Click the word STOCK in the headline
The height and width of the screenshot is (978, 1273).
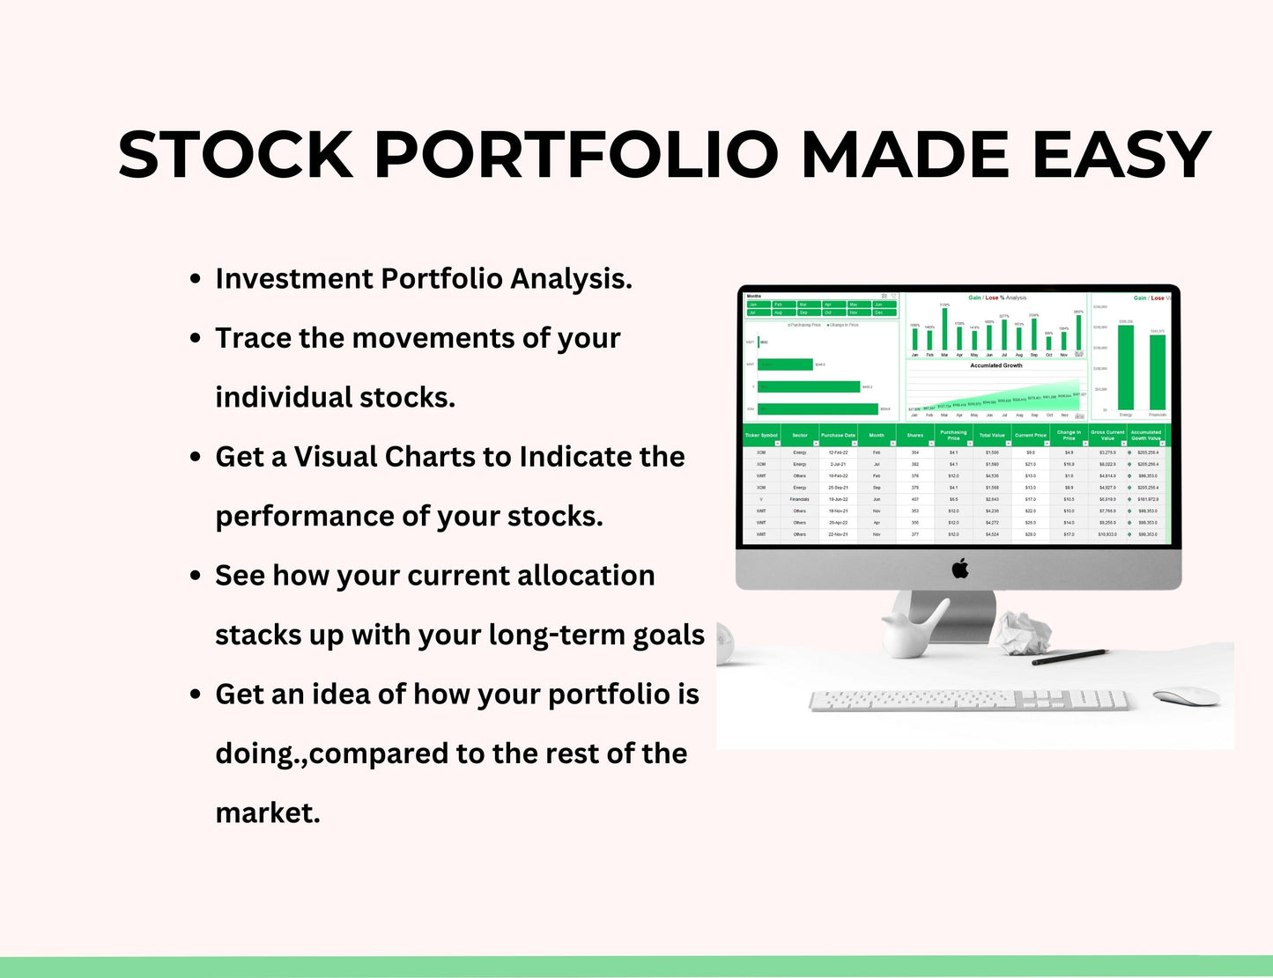tap(236, 156)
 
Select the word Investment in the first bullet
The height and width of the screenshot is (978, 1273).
tap(294, 279)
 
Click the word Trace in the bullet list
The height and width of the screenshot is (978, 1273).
tap(254, 338)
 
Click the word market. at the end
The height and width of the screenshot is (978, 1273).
tap(268, 813)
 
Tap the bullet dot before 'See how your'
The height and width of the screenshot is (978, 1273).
tap(196, 576)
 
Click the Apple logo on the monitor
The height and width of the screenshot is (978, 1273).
tap(960, 569)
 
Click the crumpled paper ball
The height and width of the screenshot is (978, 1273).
tap(1024, 631)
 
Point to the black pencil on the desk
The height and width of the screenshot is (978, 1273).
tap(1069, 657)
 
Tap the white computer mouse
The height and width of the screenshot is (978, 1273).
tap(1186, 696)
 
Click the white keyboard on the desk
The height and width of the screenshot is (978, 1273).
tap(969, 701)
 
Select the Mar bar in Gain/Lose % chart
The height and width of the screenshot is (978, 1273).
tap(944, 329)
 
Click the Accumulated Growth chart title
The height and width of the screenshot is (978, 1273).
tap(995, 365)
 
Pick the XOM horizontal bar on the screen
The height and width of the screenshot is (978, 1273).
tap(818, 408)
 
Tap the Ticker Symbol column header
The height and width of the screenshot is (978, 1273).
tap(761, 435)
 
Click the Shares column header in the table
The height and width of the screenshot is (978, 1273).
tap(915, 435)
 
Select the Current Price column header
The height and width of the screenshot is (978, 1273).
tap(1030, 435)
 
